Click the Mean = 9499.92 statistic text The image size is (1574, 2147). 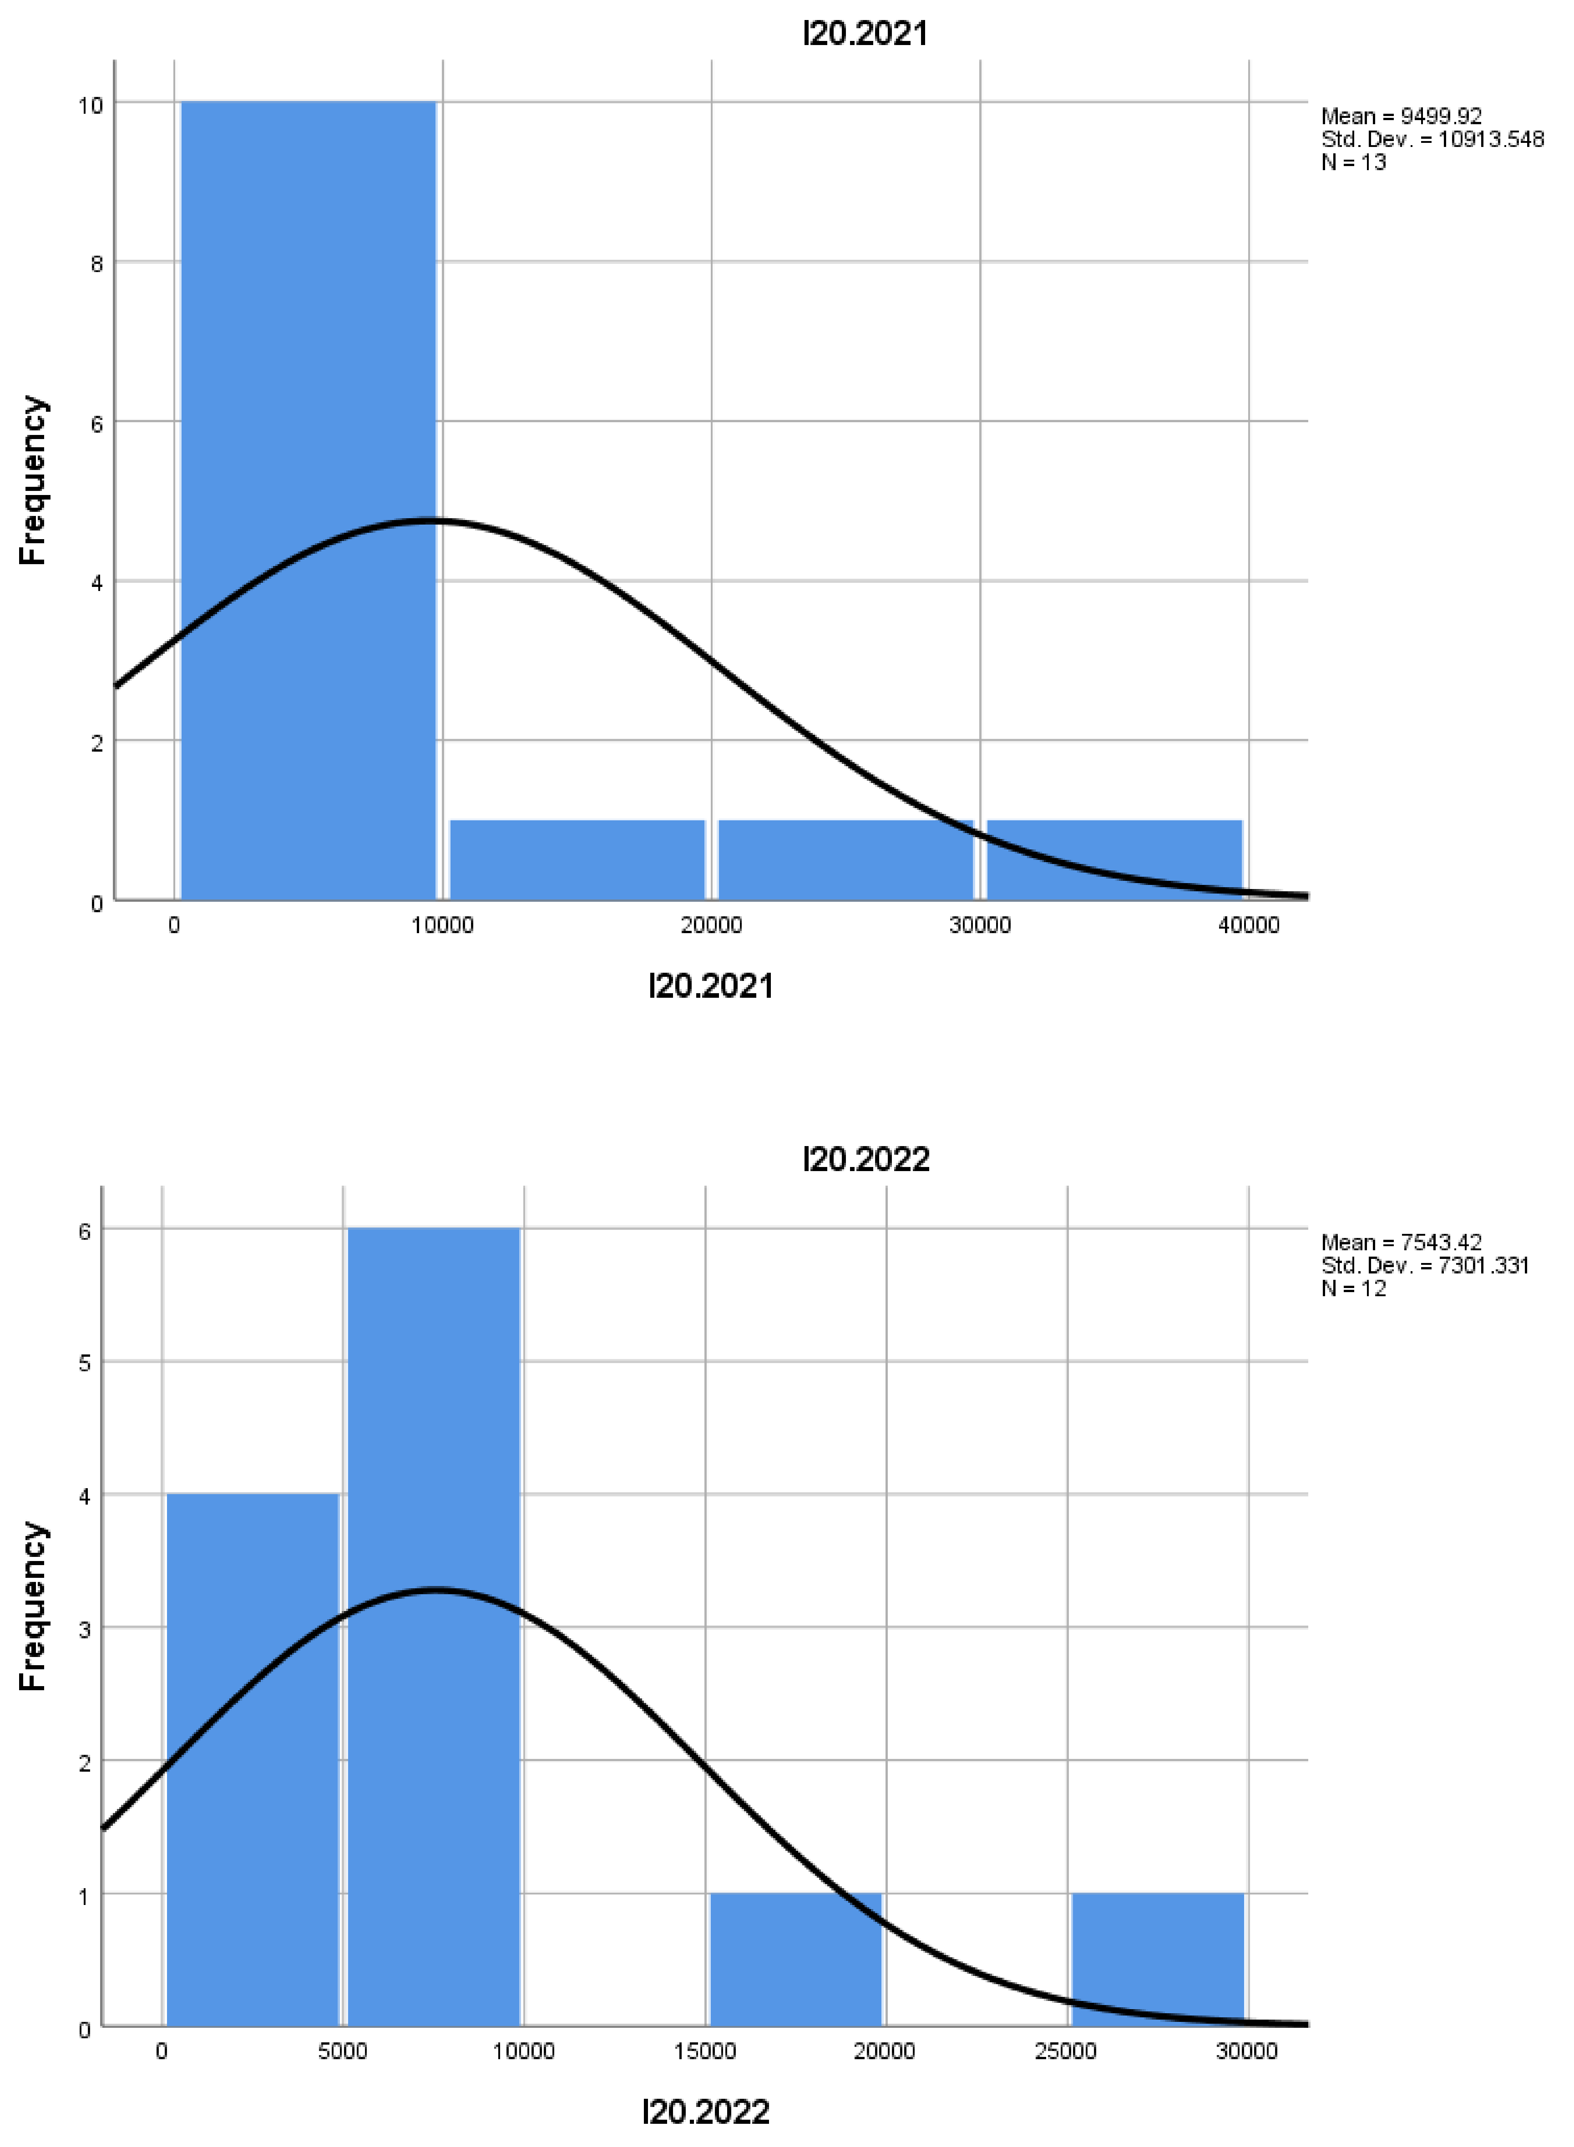coord(1401,116)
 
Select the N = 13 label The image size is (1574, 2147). coord(1353,162)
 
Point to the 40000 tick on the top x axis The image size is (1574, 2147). coord(1248,925)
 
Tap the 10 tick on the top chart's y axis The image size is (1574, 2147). coord(91,105)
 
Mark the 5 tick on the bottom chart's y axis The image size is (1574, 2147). coord(85,1363)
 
